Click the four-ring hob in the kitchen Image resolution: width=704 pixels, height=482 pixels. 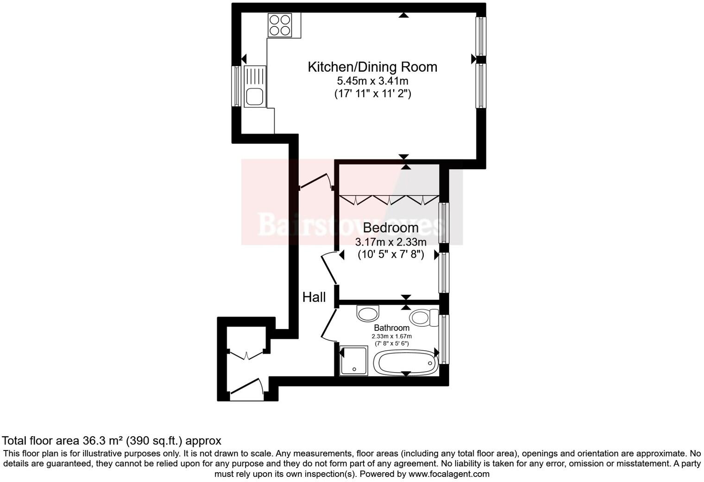[x=280, y=25]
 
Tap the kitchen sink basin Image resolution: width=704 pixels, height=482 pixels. [x=255, y=96]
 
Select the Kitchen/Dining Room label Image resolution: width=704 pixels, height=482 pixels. [x=372, y=67]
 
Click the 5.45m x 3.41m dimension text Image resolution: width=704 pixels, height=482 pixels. [x=372, y=81]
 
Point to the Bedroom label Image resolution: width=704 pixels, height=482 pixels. [x=390, y=228]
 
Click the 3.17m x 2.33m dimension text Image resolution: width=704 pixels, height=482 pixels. [x=390, y=242]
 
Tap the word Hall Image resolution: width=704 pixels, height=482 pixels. [x=314, y=297]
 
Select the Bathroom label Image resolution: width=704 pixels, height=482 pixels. [x=392, y=328]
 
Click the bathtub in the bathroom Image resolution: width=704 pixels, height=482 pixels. [x=405, y=362]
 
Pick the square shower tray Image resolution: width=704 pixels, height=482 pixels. [x=353, y=360]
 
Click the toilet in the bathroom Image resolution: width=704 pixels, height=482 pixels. [x=424, y=317]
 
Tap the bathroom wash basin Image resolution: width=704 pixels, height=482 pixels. [x=368, y=313]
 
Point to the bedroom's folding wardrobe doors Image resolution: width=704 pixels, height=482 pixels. [x=389, y=200]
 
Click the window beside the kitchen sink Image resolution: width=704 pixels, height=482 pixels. [x=236, y=86]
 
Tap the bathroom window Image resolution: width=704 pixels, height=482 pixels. [x=444, y=339]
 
